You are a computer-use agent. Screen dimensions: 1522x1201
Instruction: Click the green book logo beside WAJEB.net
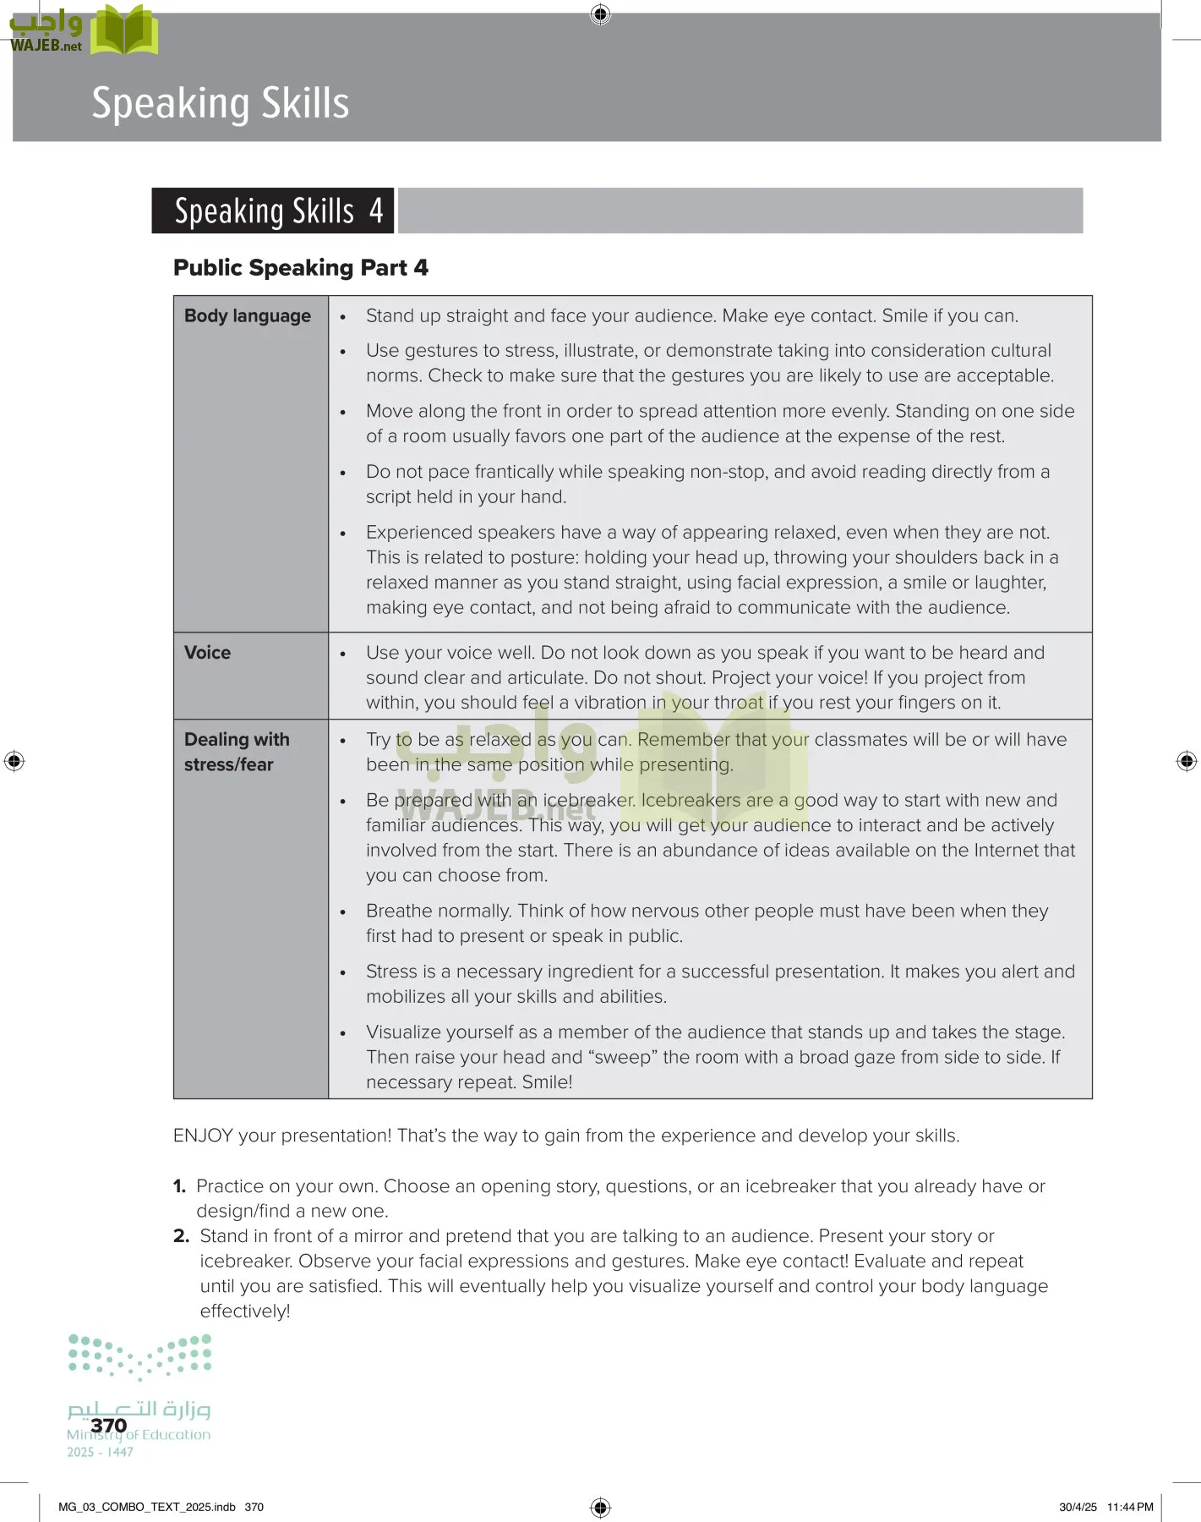(x=124, y=31)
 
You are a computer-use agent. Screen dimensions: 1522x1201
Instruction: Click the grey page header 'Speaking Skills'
(x=220, y=103)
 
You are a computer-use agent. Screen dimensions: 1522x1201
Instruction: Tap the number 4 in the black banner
(x=376, y=211)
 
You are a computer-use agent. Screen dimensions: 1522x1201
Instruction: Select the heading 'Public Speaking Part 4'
(x=300, y=268)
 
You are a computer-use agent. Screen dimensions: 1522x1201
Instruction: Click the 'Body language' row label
(x=247, y=316)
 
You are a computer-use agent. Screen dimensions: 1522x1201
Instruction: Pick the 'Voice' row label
(x=207, y=653)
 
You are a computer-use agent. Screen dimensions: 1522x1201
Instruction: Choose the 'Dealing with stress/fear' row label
(x=236, y=752)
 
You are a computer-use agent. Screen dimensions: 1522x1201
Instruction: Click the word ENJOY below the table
(x=203, y=1136)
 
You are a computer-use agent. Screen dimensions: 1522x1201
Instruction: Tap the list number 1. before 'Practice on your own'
(x=179, y=1186)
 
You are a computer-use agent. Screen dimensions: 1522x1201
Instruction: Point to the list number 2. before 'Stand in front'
(x=181, y=1236)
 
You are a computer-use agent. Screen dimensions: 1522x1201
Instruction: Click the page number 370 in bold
(x=108, y=1426)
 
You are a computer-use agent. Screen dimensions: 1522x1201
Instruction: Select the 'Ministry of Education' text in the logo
(x=139, y=1435)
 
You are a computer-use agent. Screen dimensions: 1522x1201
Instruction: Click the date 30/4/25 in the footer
(x=1078, y=1507)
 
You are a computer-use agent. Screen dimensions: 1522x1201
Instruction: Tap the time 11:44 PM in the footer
(x=1130, y=1507)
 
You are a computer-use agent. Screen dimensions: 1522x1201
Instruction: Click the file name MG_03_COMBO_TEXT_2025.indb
(x=147, y=1507)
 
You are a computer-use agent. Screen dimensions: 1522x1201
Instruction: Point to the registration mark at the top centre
(x=600, y=14)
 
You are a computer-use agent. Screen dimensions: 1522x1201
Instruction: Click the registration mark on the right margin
(x=1186, y=761)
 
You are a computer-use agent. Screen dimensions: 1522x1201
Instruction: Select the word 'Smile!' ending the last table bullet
(x=547, y=1082)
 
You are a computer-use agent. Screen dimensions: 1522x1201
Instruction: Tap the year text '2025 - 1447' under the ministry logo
(x=100, y=1453)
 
